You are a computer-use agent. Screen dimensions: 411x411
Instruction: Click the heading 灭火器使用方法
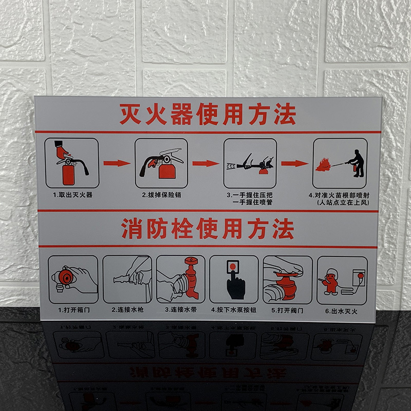(x=208, y=114)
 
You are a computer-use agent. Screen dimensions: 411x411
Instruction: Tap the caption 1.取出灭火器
(x=72, y=195)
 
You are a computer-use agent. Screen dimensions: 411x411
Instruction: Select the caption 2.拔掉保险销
(x=161, y=195)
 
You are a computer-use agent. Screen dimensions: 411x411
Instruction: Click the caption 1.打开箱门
(x=73, y=310)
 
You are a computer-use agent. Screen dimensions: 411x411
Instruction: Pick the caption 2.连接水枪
(x=127, y=310)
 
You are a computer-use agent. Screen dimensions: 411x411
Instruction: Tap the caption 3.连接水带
(x=180, y=310)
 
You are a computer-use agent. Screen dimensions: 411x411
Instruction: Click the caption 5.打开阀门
(x=287, y=310)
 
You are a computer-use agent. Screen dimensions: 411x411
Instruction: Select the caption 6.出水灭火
(x=341, y=311)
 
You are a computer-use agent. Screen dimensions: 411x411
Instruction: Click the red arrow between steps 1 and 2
(x=117, y=163)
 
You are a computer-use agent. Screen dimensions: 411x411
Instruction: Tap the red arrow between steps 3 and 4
(x=294, y=163)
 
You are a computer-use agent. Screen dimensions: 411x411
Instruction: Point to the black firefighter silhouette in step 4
(x=358, y=163)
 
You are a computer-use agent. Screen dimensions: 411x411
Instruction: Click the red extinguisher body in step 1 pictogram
(x=68, y=173)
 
